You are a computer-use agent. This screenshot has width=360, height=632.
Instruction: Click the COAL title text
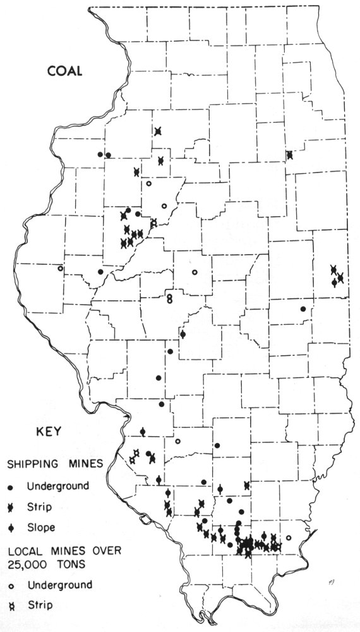point(65,71)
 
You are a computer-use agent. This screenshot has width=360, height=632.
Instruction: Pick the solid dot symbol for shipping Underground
point(11,487)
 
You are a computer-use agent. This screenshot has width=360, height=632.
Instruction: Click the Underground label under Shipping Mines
point(54,486)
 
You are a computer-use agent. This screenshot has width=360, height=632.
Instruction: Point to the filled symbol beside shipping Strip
point(11,507)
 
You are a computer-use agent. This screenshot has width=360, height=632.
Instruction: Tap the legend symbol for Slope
point(11,527)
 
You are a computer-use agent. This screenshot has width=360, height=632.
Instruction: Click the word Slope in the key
point(41,526)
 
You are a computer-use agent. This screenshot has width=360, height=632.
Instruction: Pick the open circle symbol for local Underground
point(11,585)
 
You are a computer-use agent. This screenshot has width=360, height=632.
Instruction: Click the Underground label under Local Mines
point(54,585)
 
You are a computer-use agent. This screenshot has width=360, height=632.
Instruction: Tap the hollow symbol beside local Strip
point(11,605)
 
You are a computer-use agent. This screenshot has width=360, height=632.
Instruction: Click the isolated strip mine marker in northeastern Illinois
point(289,154)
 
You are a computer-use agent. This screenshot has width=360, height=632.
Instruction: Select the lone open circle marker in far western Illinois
point(61,269)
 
